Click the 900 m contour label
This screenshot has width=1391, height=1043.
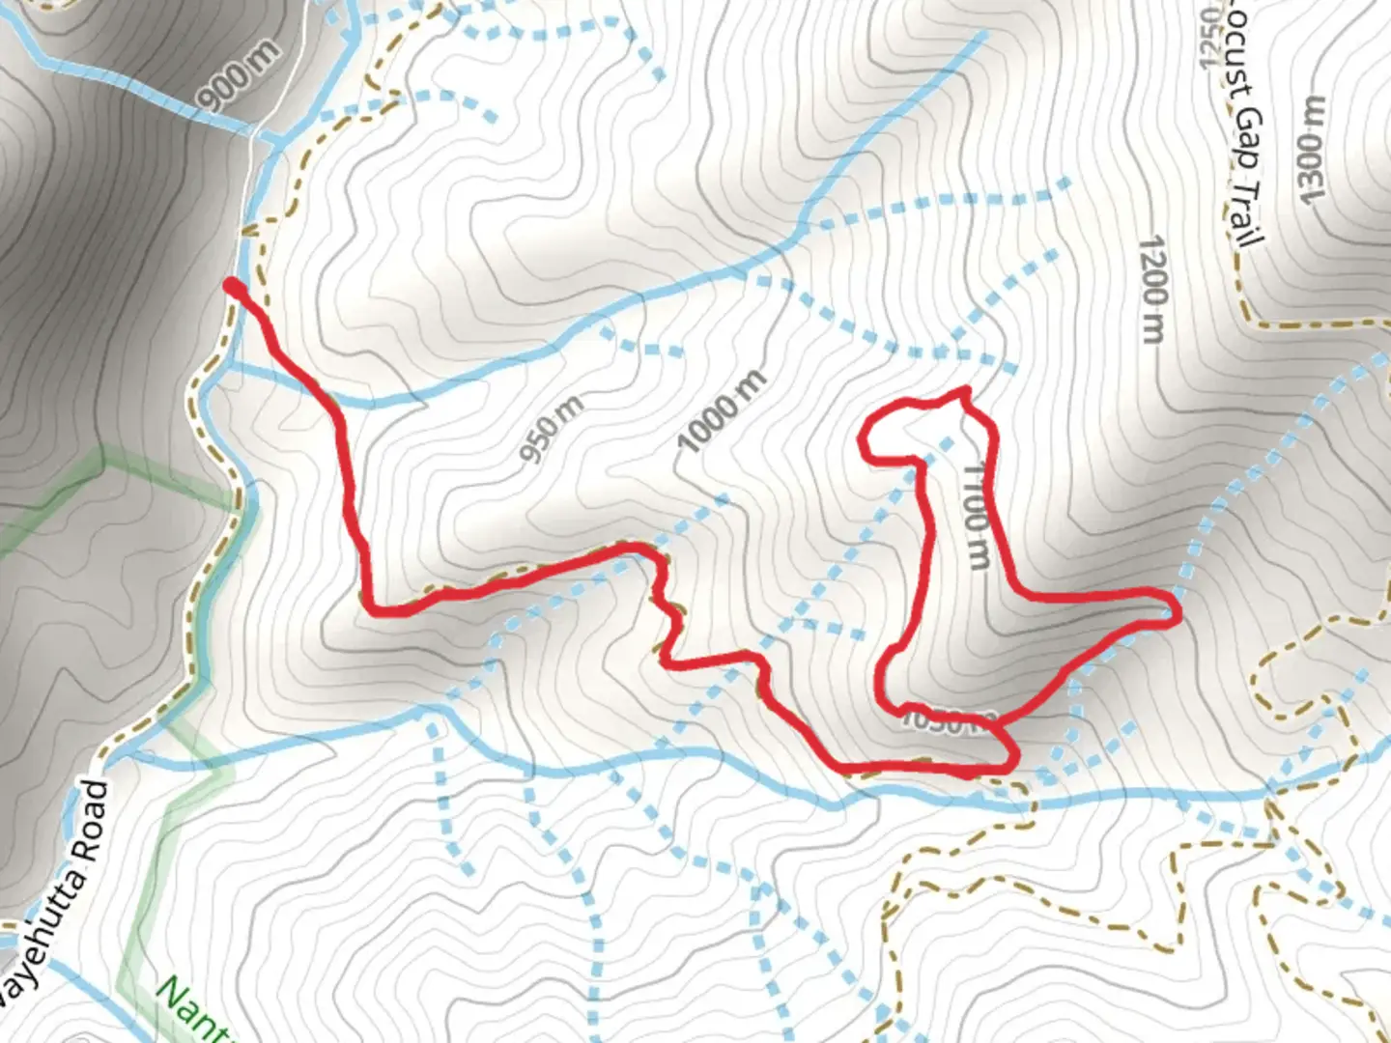pyautogui.click(x=239, y=76)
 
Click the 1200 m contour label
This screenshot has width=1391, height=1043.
pyautogui.click(x=1151, y=289)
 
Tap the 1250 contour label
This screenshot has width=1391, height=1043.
pyautogui.click(x=1210, y=39)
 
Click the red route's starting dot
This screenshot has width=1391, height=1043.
pyautogui.click(x=232, y=285)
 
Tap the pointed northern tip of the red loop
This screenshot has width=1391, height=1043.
pyautogui.click(x=963, y=390)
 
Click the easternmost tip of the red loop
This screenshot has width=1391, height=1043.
pyautogui.click(x=1177, y=611)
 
